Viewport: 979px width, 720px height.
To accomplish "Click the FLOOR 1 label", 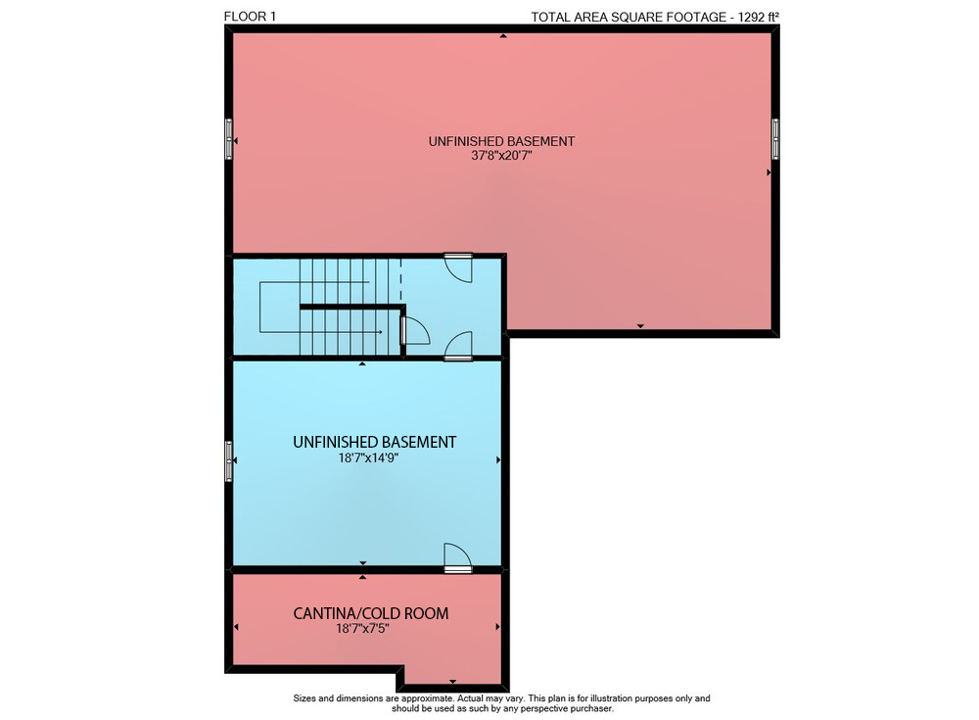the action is [x=250, y=17].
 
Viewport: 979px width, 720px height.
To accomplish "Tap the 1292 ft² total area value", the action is [x=759, y=17].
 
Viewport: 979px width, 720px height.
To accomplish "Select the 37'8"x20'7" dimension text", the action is [x=501, y=155].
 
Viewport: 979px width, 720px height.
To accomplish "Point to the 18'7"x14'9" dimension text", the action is [x=368, y=457].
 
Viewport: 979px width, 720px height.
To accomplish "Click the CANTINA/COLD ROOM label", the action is [x=371, y=613].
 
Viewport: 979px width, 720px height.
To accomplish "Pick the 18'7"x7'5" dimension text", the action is [x=363, y=628].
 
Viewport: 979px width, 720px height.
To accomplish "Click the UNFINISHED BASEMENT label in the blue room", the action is [x=375, y=442].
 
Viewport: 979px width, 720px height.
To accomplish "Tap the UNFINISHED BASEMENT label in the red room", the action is [x=501, y=141].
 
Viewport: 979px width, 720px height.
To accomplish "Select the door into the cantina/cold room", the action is [x=457, y=557].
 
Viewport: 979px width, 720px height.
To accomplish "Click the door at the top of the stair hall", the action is [x=458, y=267].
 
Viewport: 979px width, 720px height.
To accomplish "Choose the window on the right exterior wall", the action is [x=775, y=139].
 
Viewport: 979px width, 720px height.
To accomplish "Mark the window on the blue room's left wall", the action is [x=228, y=461].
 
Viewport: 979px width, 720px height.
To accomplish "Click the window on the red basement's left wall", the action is [x=228, y=139].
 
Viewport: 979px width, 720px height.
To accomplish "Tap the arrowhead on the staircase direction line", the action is [x=379, y=332].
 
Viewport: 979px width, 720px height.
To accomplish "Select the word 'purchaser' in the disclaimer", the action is [x=592, y=708].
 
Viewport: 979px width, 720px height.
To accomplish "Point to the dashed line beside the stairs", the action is [x=400, y=280].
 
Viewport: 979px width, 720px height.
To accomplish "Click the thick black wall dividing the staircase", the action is [x=353, y=307].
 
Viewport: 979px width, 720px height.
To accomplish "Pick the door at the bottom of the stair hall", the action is [x=458, y=346].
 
